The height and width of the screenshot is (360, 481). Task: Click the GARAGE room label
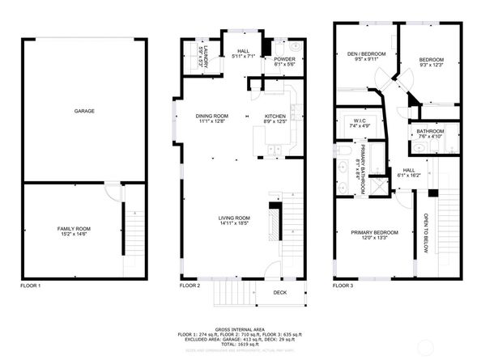click(x=85, y=110)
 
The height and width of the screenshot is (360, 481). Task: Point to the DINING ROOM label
click(x=214, y=116)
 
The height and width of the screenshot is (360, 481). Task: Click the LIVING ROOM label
click(x=234, y=217)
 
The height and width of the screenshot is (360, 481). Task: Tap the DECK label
click(x=279, y=293)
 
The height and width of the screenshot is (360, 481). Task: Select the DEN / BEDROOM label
click(x=361, y=53)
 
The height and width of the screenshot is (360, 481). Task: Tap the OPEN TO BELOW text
click(x=425, y=232)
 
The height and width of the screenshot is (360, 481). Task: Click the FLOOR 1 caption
click(x=30, y=286)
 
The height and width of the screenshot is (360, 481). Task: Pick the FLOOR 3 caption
click(x=343, y=286)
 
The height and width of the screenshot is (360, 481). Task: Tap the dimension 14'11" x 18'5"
click(x=234, y=222)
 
